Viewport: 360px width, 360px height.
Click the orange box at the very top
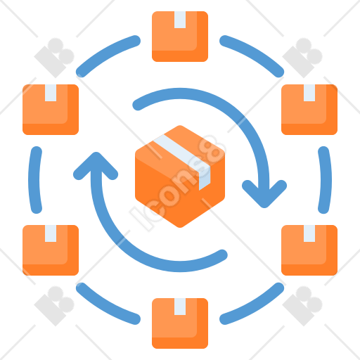tap(180, 37)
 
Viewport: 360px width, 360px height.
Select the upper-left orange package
tap(51, 110)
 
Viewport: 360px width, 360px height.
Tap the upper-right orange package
tap(309, 110)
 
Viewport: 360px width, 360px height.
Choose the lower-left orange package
tap(51, 250)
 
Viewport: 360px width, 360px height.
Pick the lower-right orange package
tap(309, 250)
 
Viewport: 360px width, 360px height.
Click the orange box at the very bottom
tap(180, 323)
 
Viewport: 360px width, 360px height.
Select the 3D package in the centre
tap(180, 176)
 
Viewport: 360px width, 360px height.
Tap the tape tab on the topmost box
tap(180, 20)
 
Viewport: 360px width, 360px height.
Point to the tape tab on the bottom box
tap(180, 307)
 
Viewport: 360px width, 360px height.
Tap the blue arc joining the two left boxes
tap(34, 180)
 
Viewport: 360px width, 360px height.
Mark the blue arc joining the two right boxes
tap(326, 180)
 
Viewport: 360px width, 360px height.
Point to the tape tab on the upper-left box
tap(51, 93)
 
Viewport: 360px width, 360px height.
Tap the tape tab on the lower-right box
tap(309, 233)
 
